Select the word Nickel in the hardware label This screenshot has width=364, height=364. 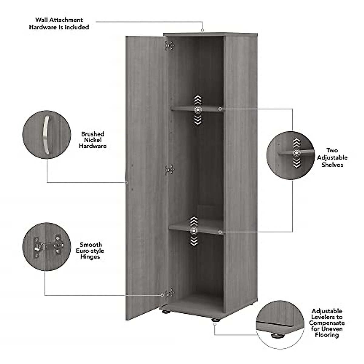[x=93, y=140]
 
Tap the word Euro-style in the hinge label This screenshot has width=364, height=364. [x=90, y=251]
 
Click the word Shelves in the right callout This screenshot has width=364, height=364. [x=332, y=165]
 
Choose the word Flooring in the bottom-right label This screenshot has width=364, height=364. [x=327, y=335]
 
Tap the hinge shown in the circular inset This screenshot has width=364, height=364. [x=49, y=245]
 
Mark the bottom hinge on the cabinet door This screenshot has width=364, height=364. [x=169, y=293]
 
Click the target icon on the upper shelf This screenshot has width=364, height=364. [x=198, y=110]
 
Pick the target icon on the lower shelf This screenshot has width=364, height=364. [x=194, y=231]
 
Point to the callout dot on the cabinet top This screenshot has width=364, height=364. [x=203, y=30]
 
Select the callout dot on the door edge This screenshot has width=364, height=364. [x=126, y=182]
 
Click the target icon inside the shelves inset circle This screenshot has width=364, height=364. [x=296, y=153]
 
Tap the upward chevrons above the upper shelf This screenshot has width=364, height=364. [x=198, y=100]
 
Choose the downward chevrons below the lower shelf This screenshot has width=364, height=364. [x=194, y=241]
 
